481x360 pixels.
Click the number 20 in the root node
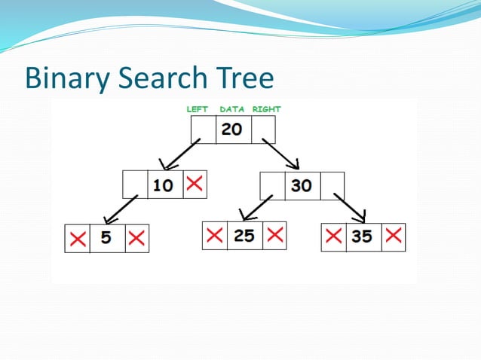(x=232, y=129)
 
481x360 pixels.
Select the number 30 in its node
(x=302, y=185)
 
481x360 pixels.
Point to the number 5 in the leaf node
(x=106, y=238)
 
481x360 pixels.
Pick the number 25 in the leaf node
(x=244, y=235)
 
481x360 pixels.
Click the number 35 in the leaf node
(x=362, y=236)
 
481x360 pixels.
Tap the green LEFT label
(x=197, y=109)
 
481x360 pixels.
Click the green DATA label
(x=232, y=109)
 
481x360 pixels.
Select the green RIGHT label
(x=266, y=109)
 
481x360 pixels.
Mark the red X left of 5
(x=77, y=239)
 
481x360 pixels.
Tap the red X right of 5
(x=136, y=239)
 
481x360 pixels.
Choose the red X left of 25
(x=215, y=235)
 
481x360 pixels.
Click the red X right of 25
(x=275, y=235)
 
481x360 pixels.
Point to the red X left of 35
(x=333, y=236)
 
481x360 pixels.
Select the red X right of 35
(x=393, y=236)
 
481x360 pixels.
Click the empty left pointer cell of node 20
(x=203, y=130)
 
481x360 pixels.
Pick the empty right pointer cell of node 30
(x=332, y=185)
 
